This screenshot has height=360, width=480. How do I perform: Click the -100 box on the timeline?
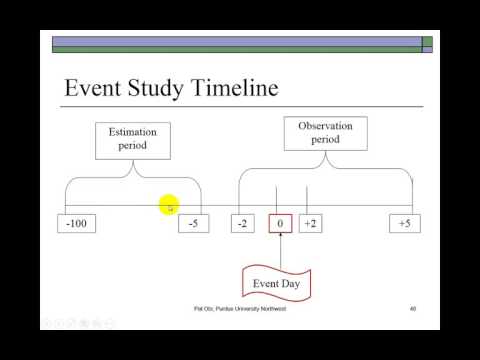coord(77,224)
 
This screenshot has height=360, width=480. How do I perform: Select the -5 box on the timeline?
coord(194,224)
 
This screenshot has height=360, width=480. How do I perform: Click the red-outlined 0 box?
coord(280,224)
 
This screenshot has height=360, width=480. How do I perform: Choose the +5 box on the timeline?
coord(404,224)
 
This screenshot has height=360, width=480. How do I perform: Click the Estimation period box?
coord(133,139)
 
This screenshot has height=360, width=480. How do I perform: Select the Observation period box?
coord(325,134)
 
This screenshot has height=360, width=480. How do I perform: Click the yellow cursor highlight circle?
coord(169,206)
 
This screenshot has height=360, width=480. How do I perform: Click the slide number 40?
coord(412,309)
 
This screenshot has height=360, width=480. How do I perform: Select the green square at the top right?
coord(427,42)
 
